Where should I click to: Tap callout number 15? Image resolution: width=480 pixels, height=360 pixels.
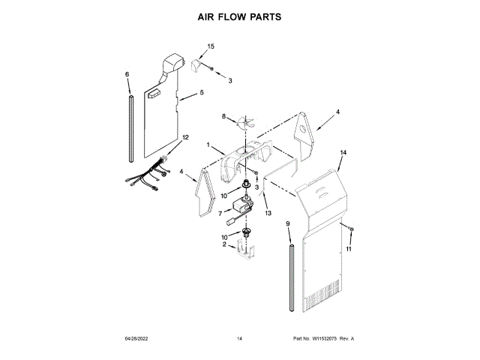point(211,46)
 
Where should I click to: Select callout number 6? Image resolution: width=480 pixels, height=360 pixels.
point(127,74)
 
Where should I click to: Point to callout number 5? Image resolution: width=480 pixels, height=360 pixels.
point(202,93)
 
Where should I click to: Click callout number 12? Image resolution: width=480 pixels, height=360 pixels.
point(185,137)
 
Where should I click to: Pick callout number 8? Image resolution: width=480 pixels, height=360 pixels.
point(223,116)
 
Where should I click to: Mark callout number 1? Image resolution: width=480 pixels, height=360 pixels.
point(209,145)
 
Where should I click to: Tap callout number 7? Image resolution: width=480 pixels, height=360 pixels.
point(220,213)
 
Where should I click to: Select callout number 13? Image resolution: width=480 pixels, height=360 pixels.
point(265,214)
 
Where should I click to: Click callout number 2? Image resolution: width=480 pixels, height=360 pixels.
point(224,244)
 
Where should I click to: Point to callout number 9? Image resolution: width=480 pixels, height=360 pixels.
point(287,224)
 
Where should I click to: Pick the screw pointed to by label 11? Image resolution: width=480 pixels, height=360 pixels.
point(351,227)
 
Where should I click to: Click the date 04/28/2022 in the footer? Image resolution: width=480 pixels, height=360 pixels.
point(138,339)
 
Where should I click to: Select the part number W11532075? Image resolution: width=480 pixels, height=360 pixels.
point(325,339)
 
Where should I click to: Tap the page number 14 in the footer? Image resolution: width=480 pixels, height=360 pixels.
point(239,339)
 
